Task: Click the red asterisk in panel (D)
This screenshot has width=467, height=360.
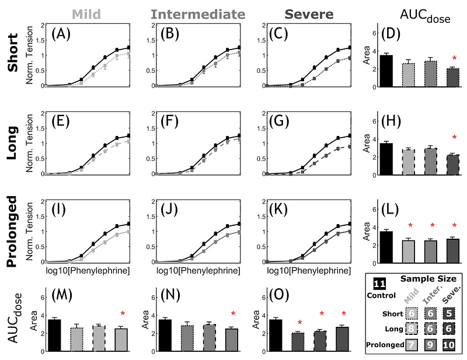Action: click(x=453, y=58)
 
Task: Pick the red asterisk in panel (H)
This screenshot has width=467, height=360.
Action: click(x=453, y=138)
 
